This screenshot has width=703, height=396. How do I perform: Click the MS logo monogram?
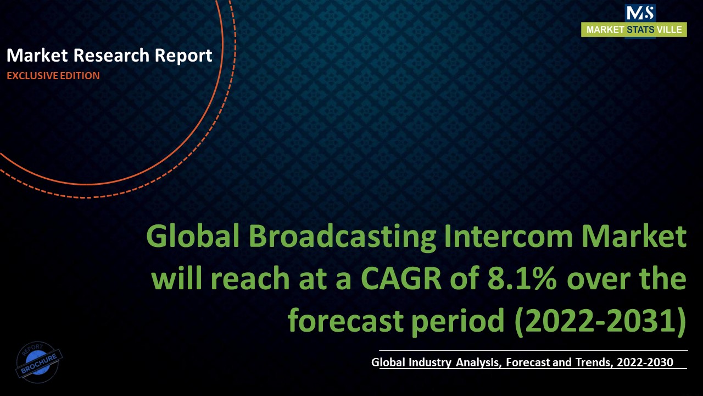(640, 13)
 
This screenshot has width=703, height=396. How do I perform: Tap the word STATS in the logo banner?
(640, 30)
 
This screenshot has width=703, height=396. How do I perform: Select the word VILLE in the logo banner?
(669, 30)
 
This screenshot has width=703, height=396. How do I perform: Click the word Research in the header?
(111, 56)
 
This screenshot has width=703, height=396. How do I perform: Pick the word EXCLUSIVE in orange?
(32, 76)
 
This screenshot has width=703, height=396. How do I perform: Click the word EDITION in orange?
(80, 76)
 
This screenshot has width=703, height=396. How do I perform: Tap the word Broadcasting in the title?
(342, 238)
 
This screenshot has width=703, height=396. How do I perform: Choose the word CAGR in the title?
(401, 278)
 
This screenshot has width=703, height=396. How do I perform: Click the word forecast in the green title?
(345, 320)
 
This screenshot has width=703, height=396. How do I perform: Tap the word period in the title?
(458, 322)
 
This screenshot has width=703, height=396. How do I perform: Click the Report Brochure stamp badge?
(39, 362)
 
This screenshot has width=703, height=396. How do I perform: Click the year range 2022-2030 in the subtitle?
(645, 362)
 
